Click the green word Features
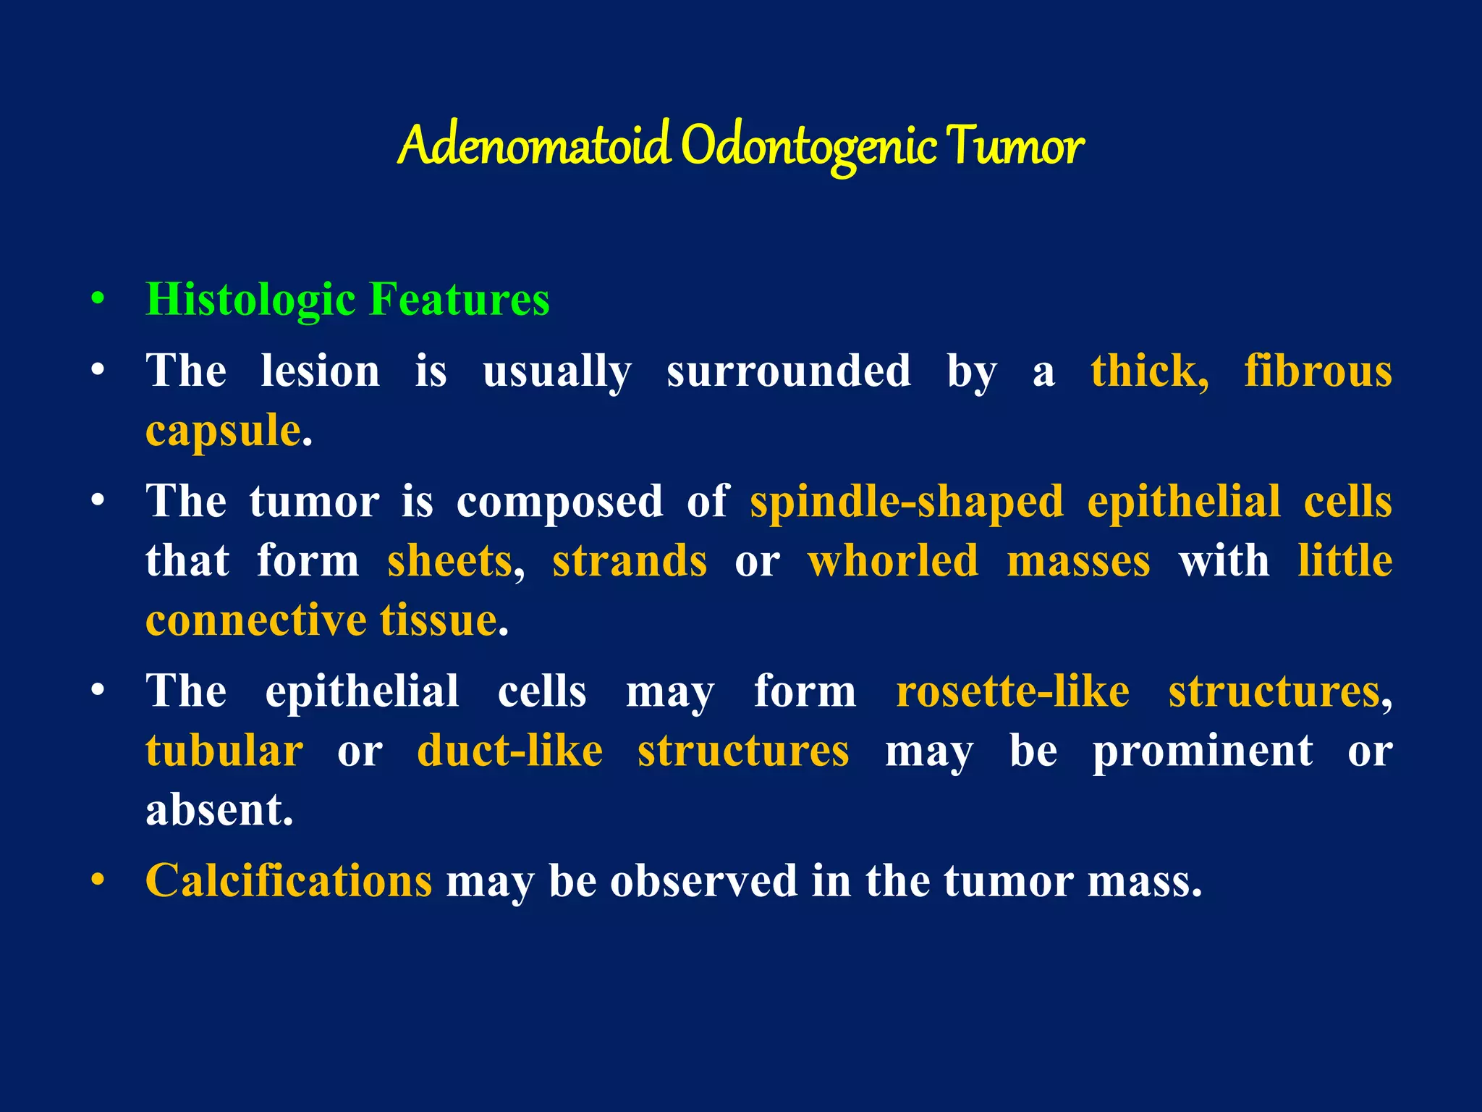click(x=459, y=299)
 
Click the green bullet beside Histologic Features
click(x=98, y=299)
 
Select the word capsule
click(x=223, y=431)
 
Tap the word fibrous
click(x=1318, y=371)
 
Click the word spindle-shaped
click(x=907, y=502)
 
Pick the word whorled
click(x=893, y=561)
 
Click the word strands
click(x=630, y=561)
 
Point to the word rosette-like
click(x=1012, y=691)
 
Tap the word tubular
click(x=224, y=751)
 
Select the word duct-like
click(x=510, y=751)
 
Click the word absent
click(x=219, y=810)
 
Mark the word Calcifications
click(x=289, y=881)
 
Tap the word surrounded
click(x=789, y=371)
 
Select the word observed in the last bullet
click(x=703, y=881)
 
